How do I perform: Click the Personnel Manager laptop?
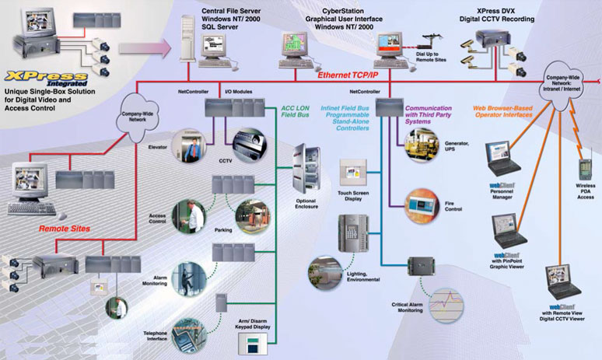[x=499, y=159]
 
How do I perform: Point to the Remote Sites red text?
[x=66, y=229]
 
